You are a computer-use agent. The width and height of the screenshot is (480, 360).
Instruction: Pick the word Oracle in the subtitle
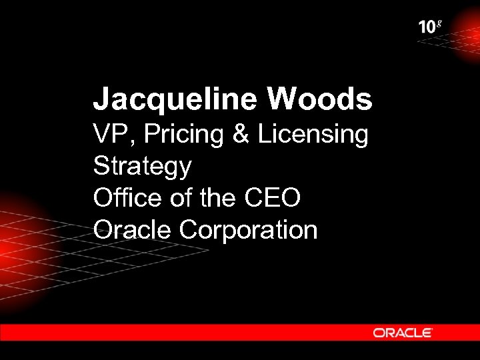click(x=133, y=230)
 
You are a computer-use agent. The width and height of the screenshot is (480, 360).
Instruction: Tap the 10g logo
click(x=429, y=27)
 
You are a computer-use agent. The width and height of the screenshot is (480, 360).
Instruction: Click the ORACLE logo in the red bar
click(x=403, y=332)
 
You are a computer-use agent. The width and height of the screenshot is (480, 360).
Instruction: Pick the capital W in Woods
click(x=282, y=100)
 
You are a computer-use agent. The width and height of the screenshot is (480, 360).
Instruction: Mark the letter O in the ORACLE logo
click(x=379, y=332)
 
